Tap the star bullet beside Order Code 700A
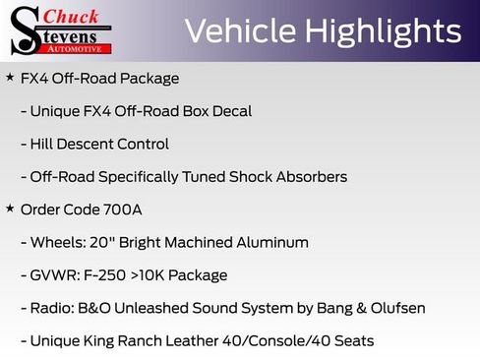(x=10, y=209)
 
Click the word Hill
(x=44, y=144)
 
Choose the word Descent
(x=90, y=144)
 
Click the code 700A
(x=124, y=210)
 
